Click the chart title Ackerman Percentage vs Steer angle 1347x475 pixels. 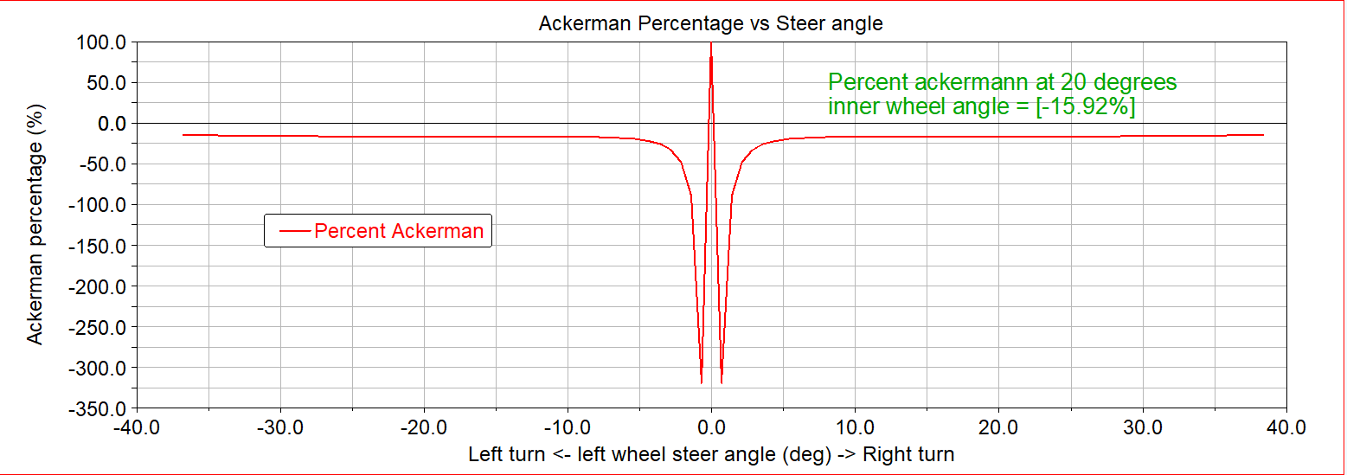click(x=710, y=23)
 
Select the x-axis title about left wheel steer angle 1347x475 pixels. click(x=710, y=454)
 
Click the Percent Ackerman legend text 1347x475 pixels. click(x=399, y=231)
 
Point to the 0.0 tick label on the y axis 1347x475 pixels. click(x=110, y=124)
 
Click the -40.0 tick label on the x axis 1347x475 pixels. click(x=136, y=427)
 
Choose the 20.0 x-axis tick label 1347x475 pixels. click(x=999, y=427)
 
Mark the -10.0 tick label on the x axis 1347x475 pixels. click(x=567, y=427)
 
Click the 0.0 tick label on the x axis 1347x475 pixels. click(x=711, y=427)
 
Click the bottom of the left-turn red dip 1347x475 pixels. click(x=701, y=382)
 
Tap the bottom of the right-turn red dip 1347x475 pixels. click(x=722, y=382)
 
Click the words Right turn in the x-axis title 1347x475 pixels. click(x=908, y=454)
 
